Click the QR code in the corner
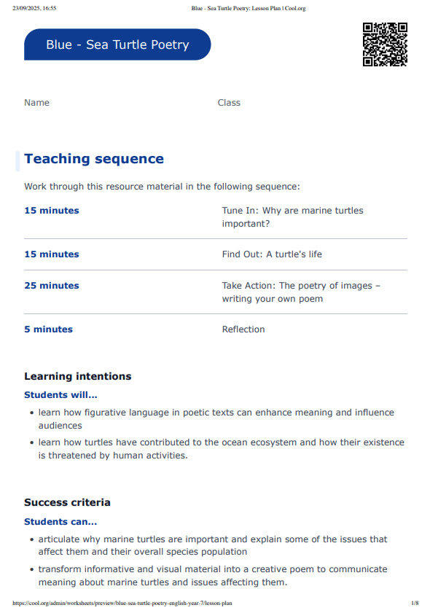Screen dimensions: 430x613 point(385,44)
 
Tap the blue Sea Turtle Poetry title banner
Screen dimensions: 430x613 point(117,44)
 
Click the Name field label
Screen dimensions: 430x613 point(36,103)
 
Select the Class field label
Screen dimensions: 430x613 point(229,103)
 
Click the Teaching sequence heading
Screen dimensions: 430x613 point(94,159)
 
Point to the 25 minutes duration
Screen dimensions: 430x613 point(52,286)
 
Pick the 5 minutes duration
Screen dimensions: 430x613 point(48,329)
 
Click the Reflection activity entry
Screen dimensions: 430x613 point(243,329)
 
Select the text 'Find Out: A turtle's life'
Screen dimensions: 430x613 point(272,254)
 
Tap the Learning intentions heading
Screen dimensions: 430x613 point(78,377)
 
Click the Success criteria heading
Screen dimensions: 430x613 point(67,503)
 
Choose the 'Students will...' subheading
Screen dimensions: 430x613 point(60,395)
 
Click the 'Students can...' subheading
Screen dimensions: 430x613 point(60,522)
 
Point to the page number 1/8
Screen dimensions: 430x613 point(414,604)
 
